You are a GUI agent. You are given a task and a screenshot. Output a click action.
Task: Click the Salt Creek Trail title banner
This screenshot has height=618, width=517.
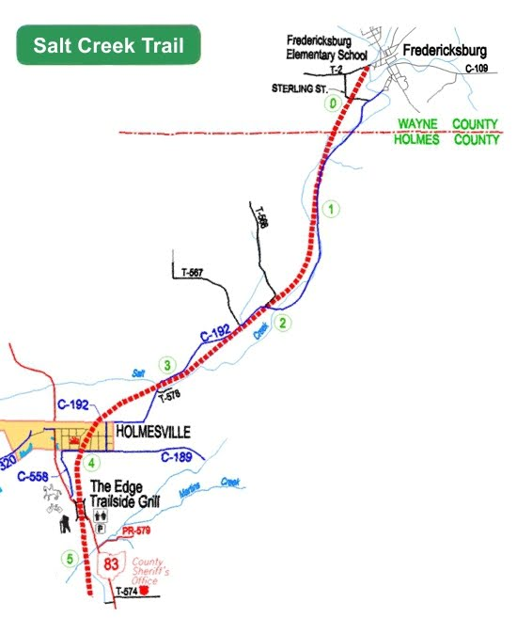[x=110, y=45]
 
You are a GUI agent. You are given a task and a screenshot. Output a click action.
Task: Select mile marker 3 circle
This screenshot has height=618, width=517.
[x=167, y=365]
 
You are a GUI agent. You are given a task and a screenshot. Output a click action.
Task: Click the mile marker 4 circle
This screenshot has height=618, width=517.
[x=91, y=463]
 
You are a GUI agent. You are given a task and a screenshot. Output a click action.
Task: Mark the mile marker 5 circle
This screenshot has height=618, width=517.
[x=68, y=559]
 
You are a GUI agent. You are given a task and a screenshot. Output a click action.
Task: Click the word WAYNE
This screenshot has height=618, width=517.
[x=419, y=124]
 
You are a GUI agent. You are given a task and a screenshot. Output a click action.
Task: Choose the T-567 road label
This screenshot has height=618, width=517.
[x=189, y=274]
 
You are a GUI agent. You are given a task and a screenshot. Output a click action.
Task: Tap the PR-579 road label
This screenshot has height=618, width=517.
[x=136, y=532]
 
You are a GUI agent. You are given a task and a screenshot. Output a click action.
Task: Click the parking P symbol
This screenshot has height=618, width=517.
[x=101, y=530]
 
